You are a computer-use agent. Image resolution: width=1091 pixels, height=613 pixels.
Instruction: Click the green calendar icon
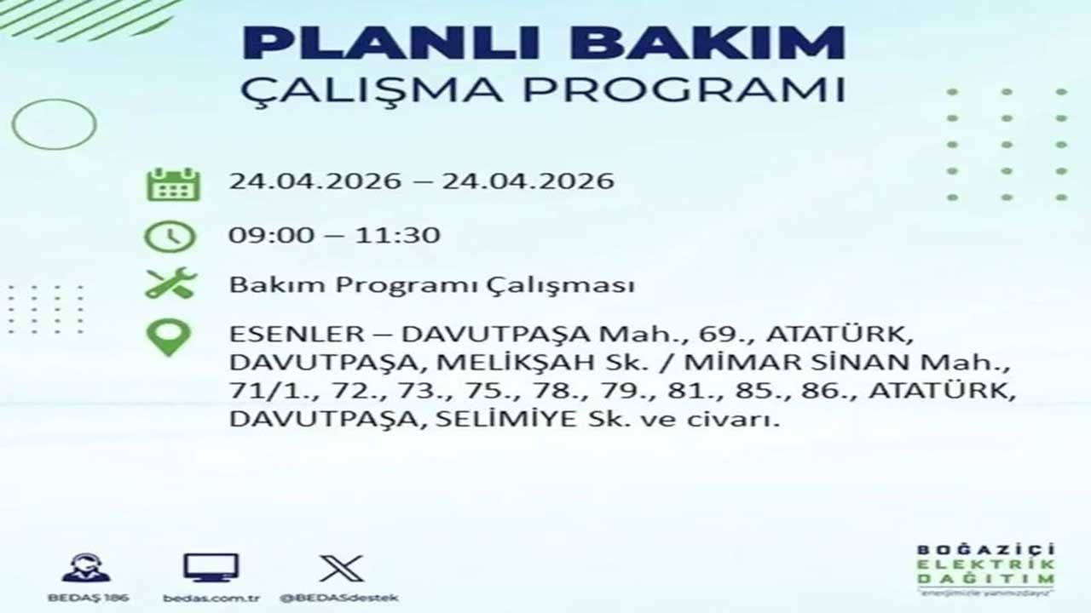[173, 184]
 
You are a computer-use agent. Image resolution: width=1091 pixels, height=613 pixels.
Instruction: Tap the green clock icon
[170, 237]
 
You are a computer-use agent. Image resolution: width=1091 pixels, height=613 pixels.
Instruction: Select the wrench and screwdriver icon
[170, 284]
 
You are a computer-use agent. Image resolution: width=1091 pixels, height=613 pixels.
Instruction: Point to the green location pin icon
[169, 337]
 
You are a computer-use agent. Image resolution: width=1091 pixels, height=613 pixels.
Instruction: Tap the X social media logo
[342, 568]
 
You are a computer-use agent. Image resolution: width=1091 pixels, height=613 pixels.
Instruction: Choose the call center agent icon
[86, 568]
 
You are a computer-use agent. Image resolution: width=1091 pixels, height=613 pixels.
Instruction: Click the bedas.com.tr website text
[211, 598]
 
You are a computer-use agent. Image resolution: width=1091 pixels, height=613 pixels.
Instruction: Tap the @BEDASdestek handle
[339, 598]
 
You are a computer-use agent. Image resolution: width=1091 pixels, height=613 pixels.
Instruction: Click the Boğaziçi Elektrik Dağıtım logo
[985, 568]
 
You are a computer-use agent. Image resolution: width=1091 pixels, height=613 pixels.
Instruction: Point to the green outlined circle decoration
[54, 124]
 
